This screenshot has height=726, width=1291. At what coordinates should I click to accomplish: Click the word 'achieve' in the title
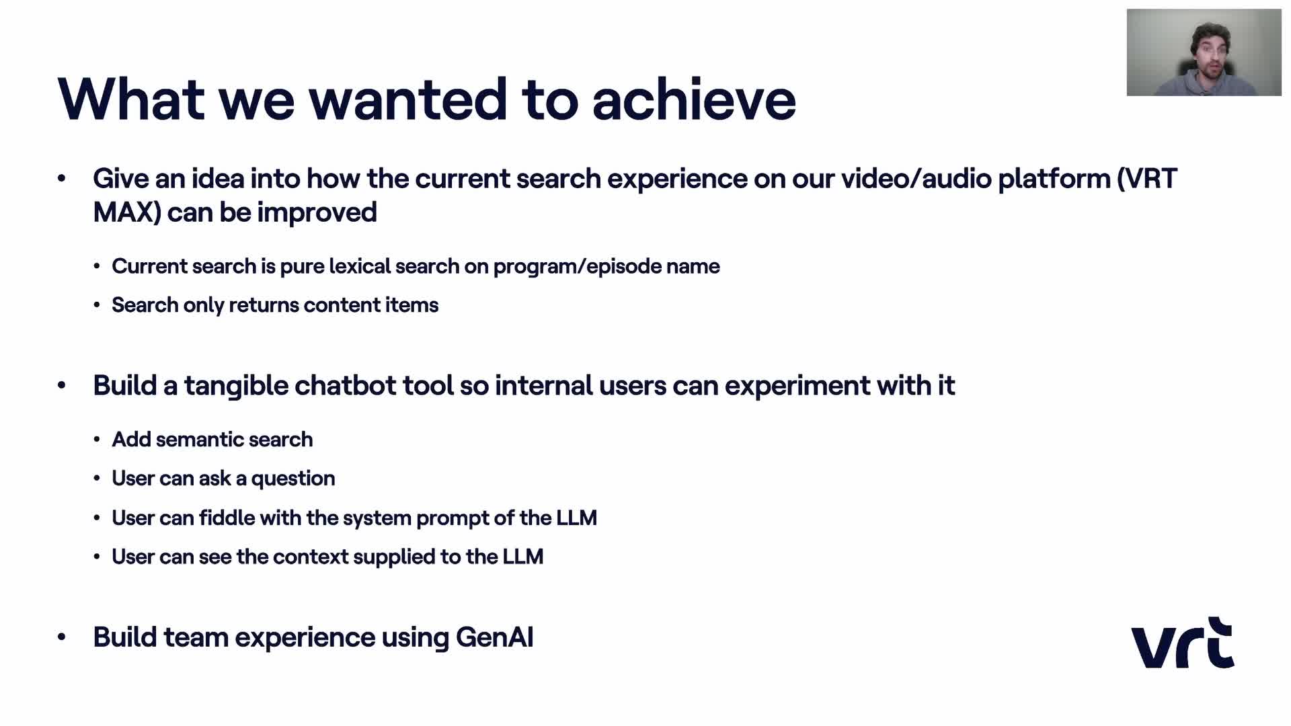(x=694, y=99)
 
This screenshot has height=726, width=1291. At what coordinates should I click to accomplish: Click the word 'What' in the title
(x=131, y=99)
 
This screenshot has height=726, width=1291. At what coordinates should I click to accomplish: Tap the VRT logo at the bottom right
(x=1183, y=643)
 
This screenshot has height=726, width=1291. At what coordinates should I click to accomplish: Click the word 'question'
(x=293, y=479)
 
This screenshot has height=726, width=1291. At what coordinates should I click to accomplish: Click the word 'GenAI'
(x=495, y=637)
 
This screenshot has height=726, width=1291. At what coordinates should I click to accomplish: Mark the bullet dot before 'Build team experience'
(x=62, y=637)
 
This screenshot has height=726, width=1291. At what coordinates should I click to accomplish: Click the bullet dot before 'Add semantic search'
(x=97, y=440)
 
